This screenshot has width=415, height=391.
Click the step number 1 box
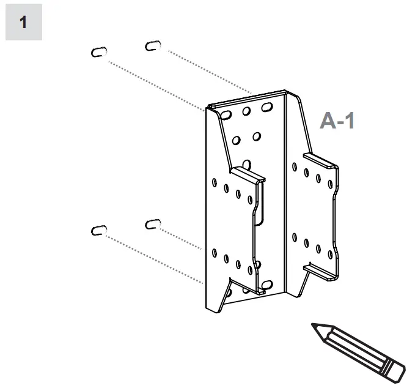pos(23,23)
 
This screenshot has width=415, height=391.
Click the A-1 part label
pos(337,121)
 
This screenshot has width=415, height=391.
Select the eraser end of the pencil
pos(396,369)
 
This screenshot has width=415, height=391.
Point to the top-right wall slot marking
pos(153,45)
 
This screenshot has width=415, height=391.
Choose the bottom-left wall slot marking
pos(98,230)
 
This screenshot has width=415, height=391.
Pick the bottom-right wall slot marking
pos(153,223)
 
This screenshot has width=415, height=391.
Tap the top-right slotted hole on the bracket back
pos(266,107)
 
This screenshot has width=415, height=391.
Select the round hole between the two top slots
pos(246,111)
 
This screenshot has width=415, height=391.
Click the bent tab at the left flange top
pos(248,175)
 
